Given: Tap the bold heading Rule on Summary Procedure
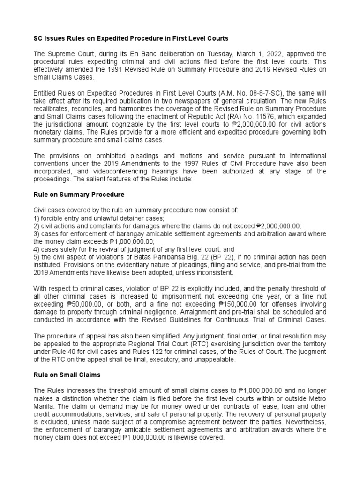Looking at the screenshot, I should (x=79, y=194).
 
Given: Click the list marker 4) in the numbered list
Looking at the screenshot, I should (x=36, y=249).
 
